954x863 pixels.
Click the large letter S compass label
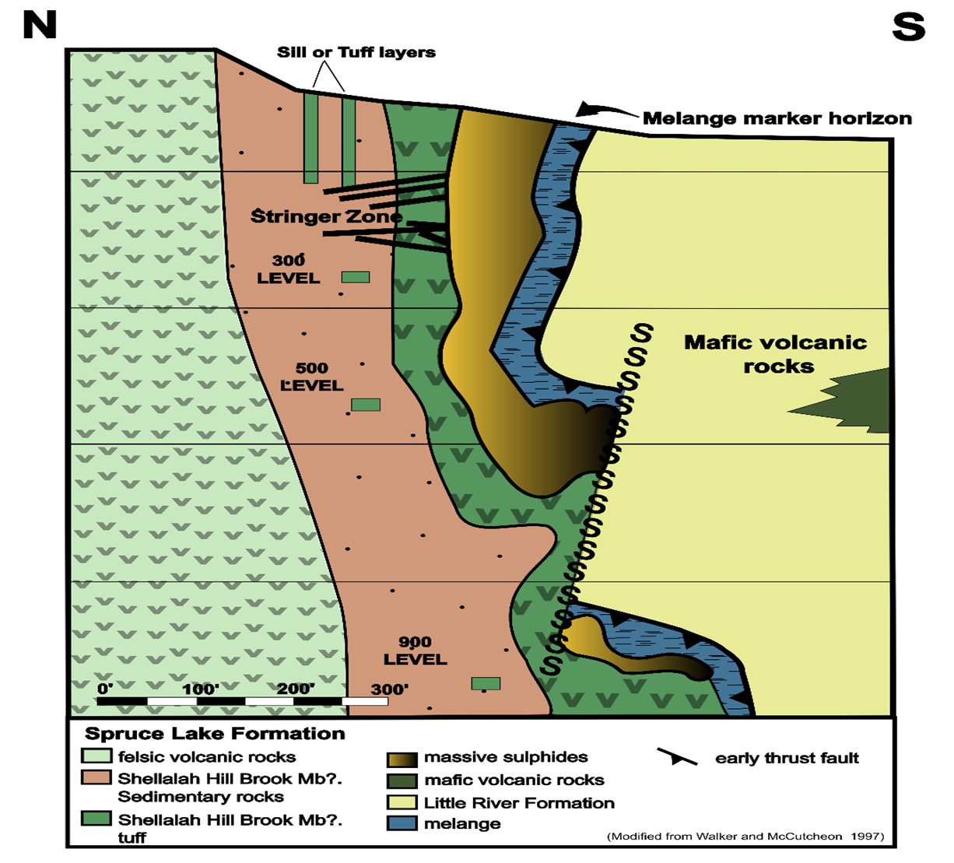tap(908, 27)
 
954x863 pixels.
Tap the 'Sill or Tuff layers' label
tap(356, 52)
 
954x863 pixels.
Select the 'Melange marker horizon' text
tap(777, 118)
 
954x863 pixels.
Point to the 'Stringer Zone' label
tap(326, 216)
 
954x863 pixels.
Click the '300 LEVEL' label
tap(289, 269)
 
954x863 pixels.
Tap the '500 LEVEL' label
tap(311, 377)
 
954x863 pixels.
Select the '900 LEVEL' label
tap(415, 651)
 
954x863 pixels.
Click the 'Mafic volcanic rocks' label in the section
tap(775, 354)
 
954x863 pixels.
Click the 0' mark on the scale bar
tap(105, 689)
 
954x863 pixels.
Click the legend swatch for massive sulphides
tap(402, 759)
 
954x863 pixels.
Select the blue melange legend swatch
tap(402, 824)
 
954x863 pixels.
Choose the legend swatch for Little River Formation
tap(402, 802)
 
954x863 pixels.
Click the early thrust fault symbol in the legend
tap(677, 757)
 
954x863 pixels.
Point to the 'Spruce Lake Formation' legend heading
tap(215, 733)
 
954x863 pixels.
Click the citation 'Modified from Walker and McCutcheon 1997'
tap(745, 837)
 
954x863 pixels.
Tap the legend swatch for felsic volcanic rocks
tap(96, 756)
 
